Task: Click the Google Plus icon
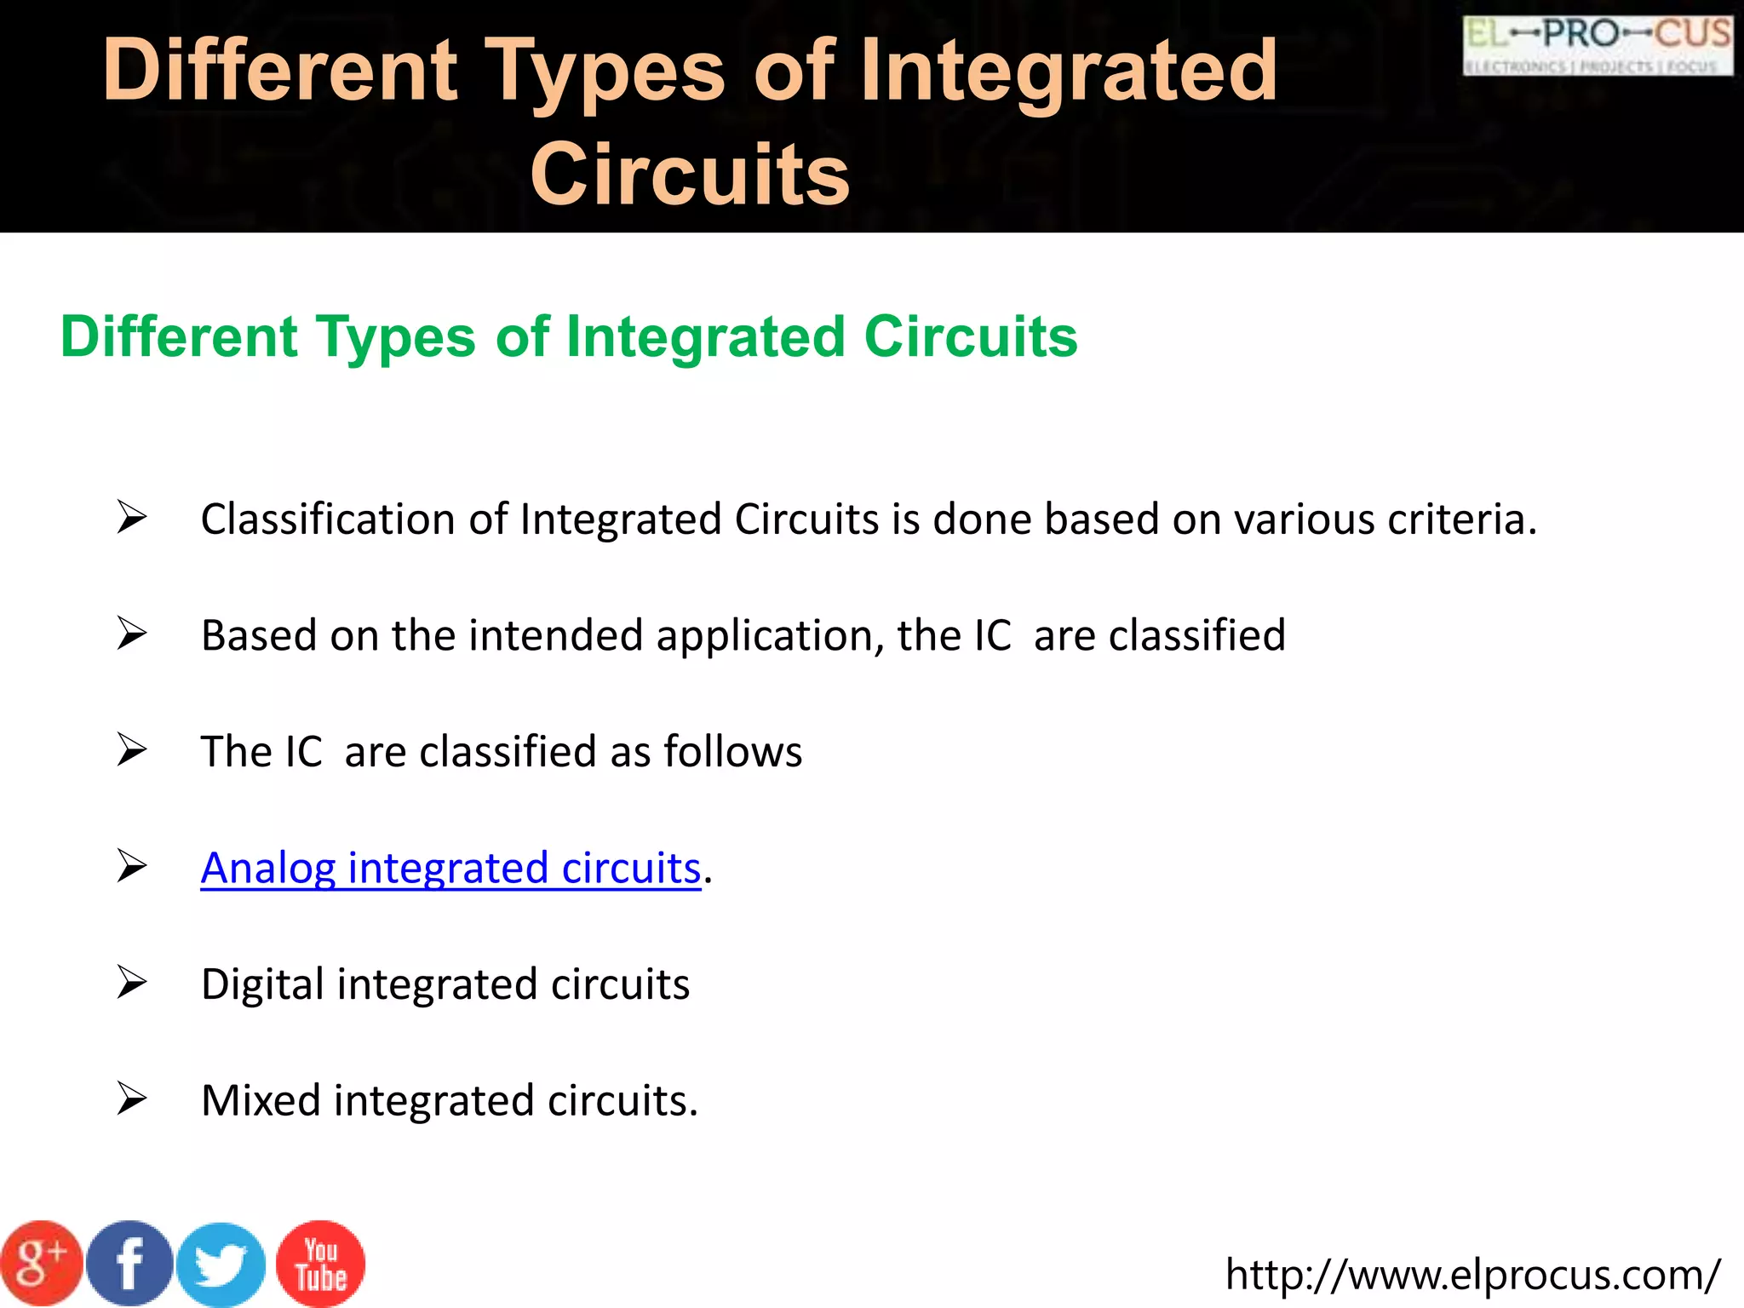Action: click(41, 1264)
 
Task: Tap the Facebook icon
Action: click(129, 1264)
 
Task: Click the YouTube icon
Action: click(321, 1264)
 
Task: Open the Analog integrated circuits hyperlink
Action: click(450, 869)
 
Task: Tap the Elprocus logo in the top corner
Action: click(1598, 46)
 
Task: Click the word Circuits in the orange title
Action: click(690, 175)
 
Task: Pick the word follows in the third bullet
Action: click(732, 752)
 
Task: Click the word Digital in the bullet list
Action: click(263, 984)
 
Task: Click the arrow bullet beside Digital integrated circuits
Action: click(132, 984)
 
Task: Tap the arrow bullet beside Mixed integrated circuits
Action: click(132, 1099)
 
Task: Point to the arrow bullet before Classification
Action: click(132, 518)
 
